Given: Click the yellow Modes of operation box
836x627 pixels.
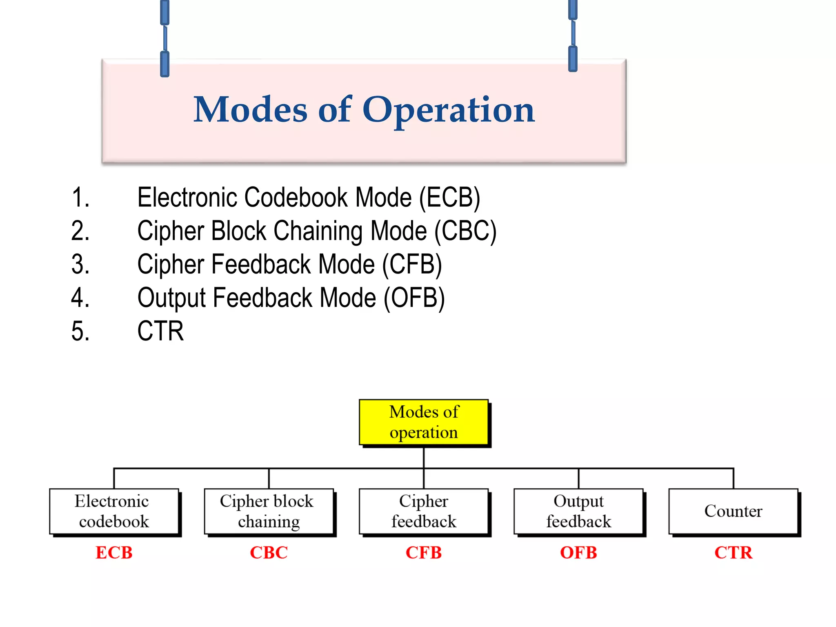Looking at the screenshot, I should tap(424, 422).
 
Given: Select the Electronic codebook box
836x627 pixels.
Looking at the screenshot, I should tap(114, 511).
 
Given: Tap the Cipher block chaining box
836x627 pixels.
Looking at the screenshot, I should tap(269, 511).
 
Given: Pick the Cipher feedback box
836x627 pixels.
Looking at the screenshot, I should tap(424, 511).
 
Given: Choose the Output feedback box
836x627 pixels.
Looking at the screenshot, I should tap(578, 511).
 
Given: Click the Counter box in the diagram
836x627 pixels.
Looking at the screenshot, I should tap(733, 511).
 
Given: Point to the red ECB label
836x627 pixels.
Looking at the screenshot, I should tap(114, 553).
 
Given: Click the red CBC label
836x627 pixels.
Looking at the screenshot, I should tap(269, 553).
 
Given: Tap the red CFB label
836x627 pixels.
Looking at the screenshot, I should tap(424, 553).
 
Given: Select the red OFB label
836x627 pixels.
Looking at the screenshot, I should tap(578, 553).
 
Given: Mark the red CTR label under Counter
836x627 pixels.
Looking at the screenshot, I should tap(733, 553).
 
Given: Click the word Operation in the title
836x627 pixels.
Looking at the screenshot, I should tap(448, 110).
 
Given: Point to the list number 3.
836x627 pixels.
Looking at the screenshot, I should tap(80, 264).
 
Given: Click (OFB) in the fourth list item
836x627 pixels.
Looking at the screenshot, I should tap(414, 298).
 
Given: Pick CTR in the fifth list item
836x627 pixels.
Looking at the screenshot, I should tap(160, 331).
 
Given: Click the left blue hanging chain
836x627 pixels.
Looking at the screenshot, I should tap(165, 39).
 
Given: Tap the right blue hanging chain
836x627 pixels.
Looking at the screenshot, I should tap(573, 36).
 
